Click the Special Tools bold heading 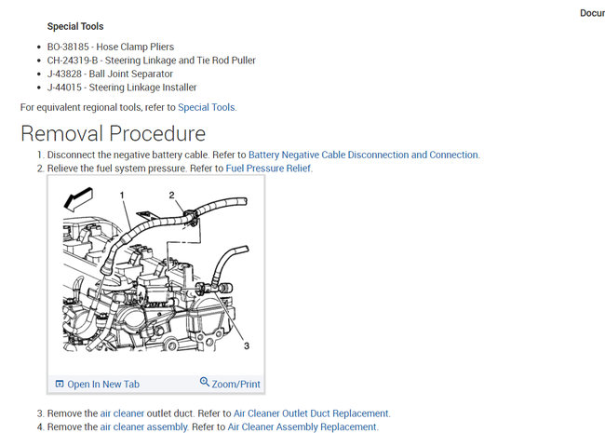(75, 26)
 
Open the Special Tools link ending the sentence (207, 107)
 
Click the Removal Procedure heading (113, 133)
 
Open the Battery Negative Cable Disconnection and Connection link (363, 155)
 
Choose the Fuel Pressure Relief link (268, 169)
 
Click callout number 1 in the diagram (122, 195)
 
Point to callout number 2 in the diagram (171, 195)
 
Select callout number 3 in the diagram (246, 346)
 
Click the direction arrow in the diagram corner (78, 196)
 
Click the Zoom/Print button (236, 384)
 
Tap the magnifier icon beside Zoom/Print (205, 383)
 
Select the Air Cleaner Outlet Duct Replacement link (311, 413)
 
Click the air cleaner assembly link (143, 426)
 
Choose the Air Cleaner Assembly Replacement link (302, 426)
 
